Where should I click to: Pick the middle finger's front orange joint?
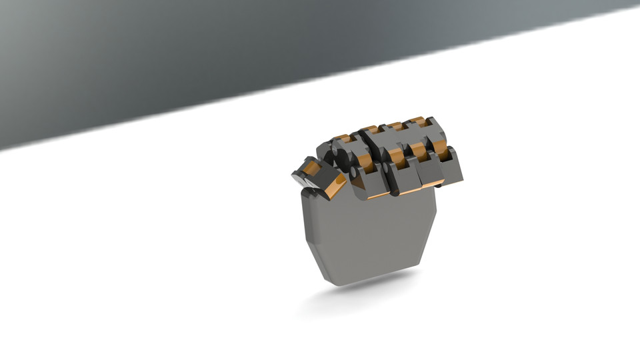[396, 157]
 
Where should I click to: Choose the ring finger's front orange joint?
[419, 151]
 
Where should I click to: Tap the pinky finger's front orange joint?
[441, 148]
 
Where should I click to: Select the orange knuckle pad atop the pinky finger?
[418, 121]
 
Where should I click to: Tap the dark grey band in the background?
[200, 60]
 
